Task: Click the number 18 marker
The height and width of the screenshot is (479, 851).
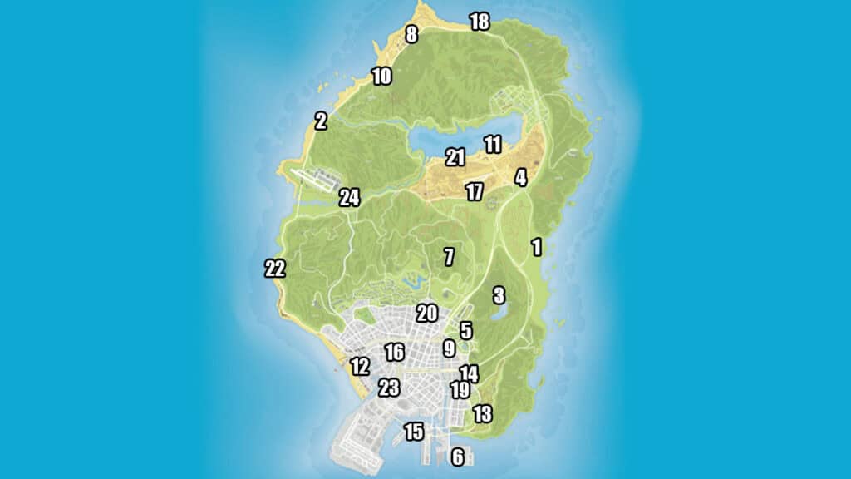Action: point(480,22)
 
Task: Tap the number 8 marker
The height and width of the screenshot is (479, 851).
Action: point(411,34)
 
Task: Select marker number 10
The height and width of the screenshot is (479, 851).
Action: point(381,77)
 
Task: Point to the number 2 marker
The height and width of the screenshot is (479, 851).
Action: point(321,121)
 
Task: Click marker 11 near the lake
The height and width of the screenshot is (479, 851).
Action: point(493,145)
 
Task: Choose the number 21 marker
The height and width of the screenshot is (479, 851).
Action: point(455,156)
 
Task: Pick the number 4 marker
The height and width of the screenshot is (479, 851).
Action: point(520,177)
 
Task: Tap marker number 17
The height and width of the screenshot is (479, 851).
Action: point(474,192)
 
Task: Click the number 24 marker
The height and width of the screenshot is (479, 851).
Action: point(349,198)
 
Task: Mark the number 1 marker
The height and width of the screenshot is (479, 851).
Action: point(536,246)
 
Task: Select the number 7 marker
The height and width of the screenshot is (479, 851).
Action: point(449,256)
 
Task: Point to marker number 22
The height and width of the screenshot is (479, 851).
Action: point(275,269)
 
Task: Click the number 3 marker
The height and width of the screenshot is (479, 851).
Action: point(499,295)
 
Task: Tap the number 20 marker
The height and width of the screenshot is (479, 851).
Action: point(426,314)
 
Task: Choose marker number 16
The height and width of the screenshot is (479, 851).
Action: point(394,352)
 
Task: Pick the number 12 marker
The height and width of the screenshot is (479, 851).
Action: point(360,366)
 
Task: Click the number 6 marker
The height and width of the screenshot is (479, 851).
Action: point(457,456)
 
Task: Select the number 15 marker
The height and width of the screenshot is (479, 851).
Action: point(413,432)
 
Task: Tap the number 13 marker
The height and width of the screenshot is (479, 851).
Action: point(482,413)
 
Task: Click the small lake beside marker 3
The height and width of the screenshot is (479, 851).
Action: point(500,314)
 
